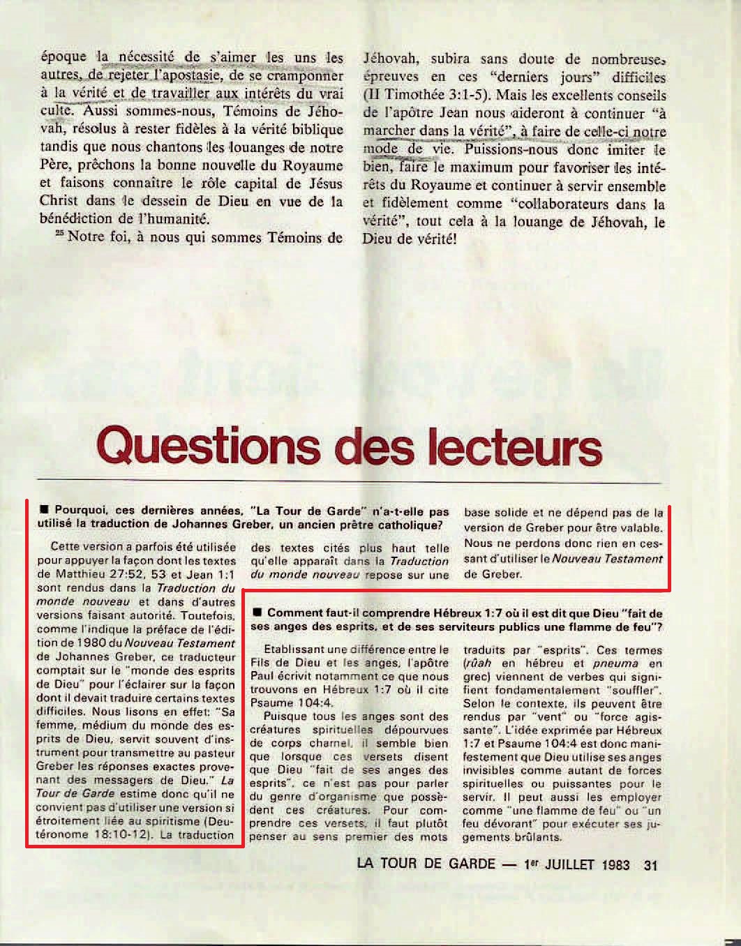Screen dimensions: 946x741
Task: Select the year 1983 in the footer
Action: (x=615, y=864)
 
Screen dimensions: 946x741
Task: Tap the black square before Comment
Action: (x=257, y=613)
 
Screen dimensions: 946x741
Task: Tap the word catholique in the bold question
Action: (x=411, y=525)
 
